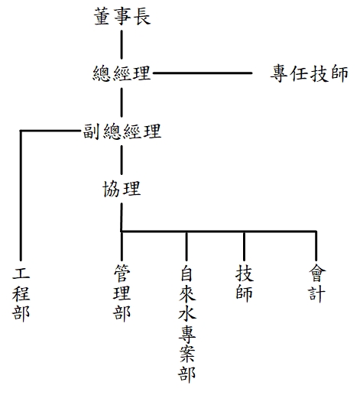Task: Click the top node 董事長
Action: (122, 16)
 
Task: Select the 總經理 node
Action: (122, 73)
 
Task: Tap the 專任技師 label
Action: (309, 73)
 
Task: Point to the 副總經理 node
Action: (122, 131)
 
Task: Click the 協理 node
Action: (122, 189)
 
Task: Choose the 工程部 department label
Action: (21, 293)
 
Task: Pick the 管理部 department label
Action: (122, 292)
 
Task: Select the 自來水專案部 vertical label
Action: (187, 323)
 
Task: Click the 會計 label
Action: (316, 283)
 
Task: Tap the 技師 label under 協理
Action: (245, 283)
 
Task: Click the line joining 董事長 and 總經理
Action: (122, 45)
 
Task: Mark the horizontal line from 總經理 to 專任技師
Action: (203, 73)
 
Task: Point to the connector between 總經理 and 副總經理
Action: (122, 102)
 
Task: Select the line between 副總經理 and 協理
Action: (122, 160)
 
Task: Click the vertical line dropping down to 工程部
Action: (21, 196)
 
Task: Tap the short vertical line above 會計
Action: (316, 246)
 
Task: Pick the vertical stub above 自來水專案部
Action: (186, 246)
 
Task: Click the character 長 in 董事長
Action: (143, 16)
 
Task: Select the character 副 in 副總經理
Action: (91, 131)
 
